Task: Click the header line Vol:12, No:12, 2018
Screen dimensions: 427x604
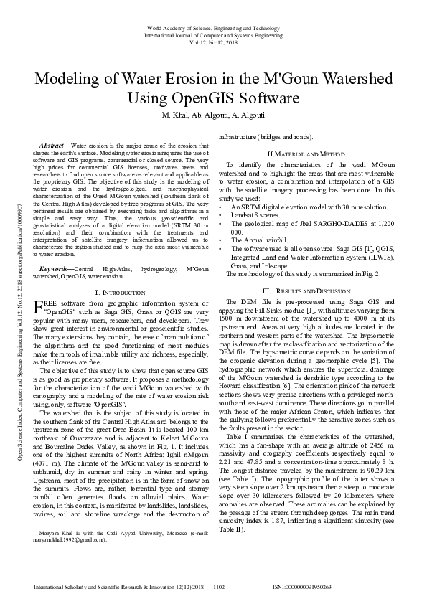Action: (213, 42)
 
